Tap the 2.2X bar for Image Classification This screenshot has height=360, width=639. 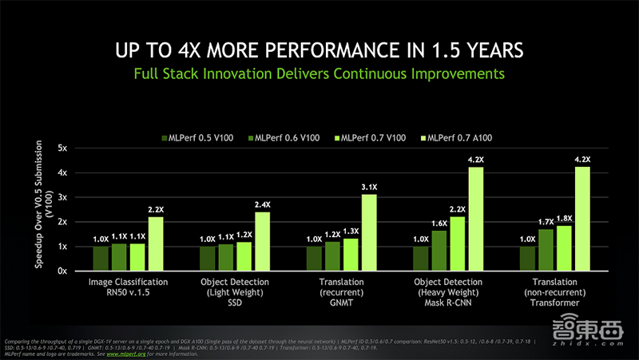click(156, 243)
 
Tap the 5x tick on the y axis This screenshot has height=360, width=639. click(62, 148)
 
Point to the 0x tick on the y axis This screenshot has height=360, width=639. click(62, 271)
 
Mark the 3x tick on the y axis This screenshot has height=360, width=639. click(62, 198)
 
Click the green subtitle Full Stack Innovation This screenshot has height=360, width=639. click(319, 74)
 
